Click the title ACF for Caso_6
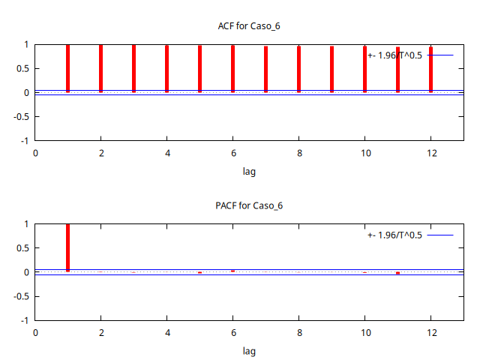[249, 26]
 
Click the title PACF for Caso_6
[249, 205]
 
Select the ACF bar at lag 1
[68, 68]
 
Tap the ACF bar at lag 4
[167, 68]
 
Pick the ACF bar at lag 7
[265, 69]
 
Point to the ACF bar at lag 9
[331, 69]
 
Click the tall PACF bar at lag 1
[68, 247]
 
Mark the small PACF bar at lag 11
[397, 273]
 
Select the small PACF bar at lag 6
[233, 271]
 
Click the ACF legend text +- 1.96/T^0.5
[394, 55]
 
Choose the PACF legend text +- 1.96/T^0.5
[394, 235]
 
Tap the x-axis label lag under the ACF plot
[249, 171]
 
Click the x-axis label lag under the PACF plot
[249, 350]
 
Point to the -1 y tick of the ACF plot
[24, 140]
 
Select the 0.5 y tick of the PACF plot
[22, 248]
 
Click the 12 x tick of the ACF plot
[431, 153]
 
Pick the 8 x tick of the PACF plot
[299, 332]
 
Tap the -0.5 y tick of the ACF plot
[20, 116]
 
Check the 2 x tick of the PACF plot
[101, 332]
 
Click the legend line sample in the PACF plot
[440, 235]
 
